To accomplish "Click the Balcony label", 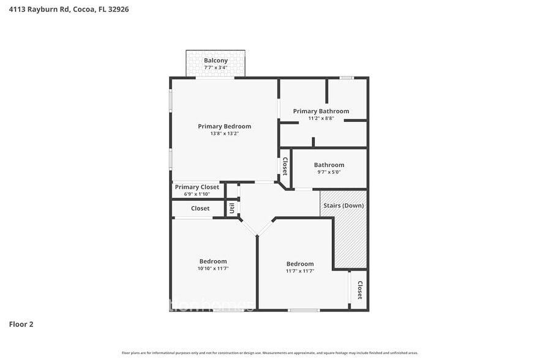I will coord(216,61).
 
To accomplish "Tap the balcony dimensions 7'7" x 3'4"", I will coord(216,67).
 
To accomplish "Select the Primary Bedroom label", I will coord(224,126).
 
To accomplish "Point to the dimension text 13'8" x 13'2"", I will coord(224,133).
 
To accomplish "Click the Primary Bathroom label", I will coord(321,111).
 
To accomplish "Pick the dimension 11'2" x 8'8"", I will coord(321,118).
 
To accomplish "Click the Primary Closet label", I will coord(197,187).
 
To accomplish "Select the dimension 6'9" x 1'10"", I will coord(197,194).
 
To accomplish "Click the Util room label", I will coord(232,209).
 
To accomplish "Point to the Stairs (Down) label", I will coord(343,205).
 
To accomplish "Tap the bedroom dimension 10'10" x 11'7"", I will coord(212,269).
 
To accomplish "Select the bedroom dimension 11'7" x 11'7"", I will coord(300,271).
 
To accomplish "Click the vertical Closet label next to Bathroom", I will coord(285,166).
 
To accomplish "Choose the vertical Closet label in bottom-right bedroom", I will coord(360,290).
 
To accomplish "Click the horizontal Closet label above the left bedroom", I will coord(200,209).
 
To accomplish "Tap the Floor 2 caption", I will coord(21,324).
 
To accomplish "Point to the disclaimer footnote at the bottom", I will coord(269,353).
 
